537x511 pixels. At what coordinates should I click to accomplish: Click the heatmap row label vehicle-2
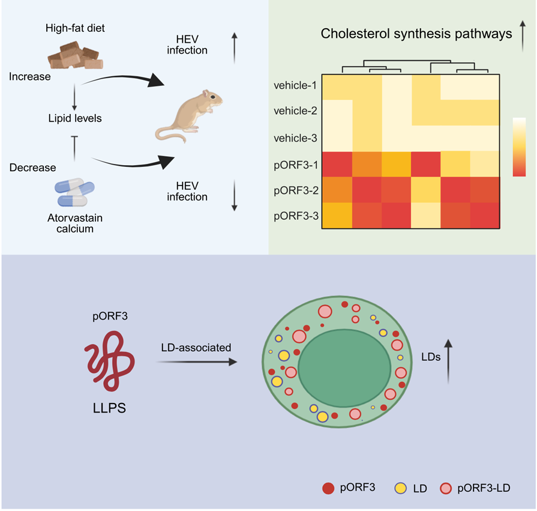(295, 111)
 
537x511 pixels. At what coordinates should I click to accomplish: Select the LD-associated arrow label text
(196, 348)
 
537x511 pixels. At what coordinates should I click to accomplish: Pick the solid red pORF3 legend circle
(328, 488)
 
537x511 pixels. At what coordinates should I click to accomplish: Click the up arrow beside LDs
(448, 361)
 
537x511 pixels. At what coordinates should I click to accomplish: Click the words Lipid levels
(75, 118)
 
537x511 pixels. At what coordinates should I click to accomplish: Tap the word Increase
(30, 77)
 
